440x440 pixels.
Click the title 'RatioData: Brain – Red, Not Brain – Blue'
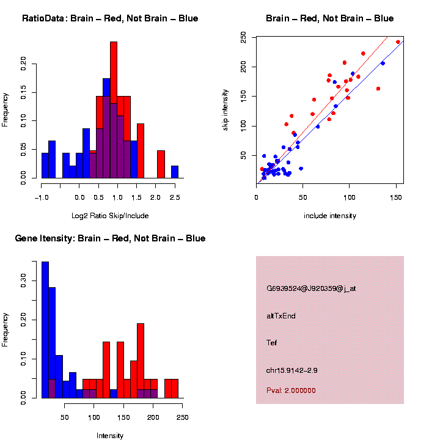pos(110,18)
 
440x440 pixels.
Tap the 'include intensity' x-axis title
pos(330,216)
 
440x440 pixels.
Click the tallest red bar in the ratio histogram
pos(114,110)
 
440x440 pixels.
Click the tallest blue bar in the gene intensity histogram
pos(45,330)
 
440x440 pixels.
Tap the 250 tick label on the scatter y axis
pos(243,38)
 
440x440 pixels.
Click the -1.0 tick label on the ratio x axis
pos(42,197)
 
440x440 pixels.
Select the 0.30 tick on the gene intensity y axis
pos(24,280)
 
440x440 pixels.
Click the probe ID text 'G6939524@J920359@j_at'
pos(311,288)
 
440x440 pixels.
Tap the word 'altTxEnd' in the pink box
pos(281,316)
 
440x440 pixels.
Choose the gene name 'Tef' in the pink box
pos(272,343)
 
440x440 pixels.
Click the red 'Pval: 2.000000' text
pos(291,390)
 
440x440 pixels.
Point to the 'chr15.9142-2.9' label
pos(292,370)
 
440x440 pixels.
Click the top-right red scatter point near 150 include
pos(398,42)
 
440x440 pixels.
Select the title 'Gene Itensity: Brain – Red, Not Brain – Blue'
pos(110,238)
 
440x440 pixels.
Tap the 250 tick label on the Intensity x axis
pos(182,417)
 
